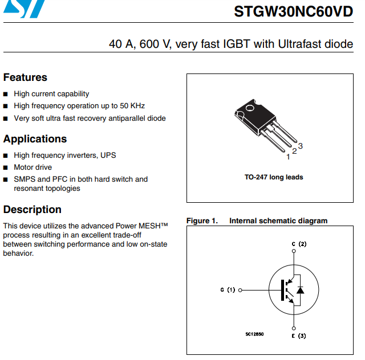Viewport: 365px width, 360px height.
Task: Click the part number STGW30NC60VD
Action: [x=294, y=12]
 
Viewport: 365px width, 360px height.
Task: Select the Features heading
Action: [x=25, y=77]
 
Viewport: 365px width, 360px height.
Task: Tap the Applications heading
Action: [x=35, y=139]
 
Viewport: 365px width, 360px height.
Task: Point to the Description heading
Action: [x=32, y=210]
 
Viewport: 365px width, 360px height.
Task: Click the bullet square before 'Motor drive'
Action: [x=6, y=167]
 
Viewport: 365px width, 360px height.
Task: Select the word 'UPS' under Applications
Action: [x=108, y=155]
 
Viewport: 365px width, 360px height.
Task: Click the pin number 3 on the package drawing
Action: [x=301, y=146]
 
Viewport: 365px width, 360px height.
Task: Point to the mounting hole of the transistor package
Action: [x=249, y=108]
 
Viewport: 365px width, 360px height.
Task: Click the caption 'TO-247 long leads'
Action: [x=274, y=177]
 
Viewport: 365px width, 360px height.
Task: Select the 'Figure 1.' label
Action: [x=202, y=221]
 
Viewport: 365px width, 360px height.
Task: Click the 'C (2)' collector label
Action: [x=299, y=244]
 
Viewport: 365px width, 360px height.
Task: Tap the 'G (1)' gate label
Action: [x=228, y=290]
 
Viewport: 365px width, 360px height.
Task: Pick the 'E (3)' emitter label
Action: [x=299, y=336]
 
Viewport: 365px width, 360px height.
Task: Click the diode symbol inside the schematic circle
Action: [x=300, y=290]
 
